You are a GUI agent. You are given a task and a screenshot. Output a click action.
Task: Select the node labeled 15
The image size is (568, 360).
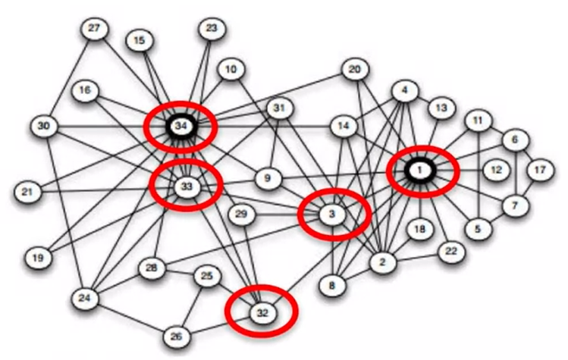pyautogui.click(x=138, y=40)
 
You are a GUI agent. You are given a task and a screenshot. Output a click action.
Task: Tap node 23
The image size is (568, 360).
pyautogui.click(x=212, y=30)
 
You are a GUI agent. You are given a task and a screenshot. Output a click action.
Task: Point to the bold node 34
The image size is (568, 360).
pyautogui.click(x=180, y=126)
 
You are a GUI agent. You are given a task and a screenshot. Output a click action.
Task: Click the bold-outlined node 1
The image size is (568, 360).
pyautogui.click(x=419, y=171)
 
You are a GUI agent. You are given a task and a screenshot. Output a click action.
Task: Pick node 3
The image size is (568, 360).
pyautogui.click(x=331, y=214)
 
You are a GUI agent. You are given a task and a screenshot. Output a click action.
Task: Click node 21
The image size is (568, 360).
pyautogui.click(x=27, y=192)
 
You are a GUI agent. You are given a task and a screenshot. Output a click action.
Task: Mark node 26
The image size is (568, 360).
pyautogui.click(x=177, y=336)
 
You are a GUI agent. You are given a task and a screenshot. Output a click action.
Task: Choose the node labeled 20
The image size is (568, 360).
pyautogui.click(x=354, y=70)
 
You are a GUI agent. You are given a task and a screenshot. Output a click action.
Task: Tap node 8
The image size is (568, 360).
pyautogui.click(x=331, y=286)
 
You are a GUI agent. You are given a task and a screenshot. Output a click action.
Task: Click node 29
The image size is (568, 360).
pyautogui.click(x=242, y=214)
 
